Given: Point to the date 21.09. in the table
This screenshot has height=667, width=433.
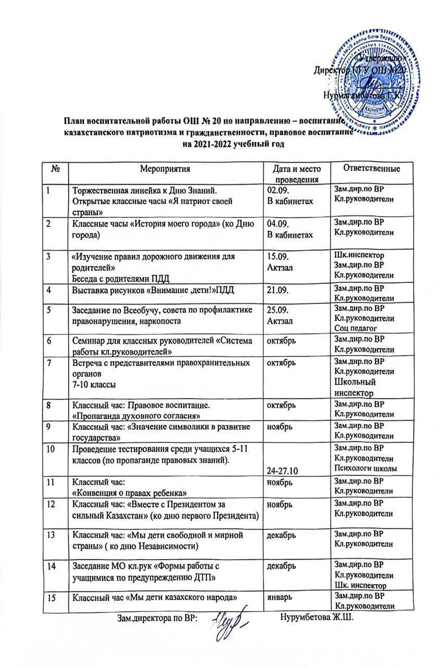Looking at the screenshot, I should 277,289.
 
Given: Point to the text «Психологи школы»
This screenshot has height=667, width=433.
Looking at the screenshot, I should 366,468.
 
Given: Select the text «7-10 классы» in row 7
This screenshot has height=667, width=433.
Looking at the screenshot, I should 95,383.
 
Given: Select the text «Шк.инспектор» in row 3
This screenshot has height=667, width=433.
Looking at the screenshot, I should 358,256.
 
